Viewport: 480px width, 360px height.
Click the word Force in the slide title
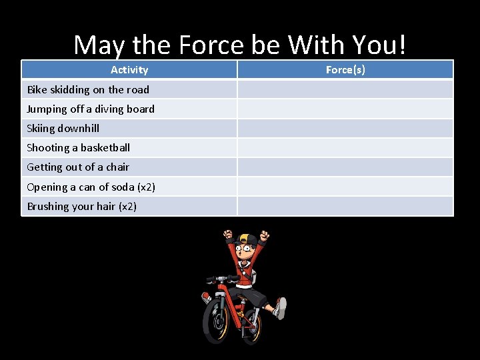click(x=209, y=45)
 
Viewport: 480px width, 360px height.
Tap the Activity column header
click(x=129, y=70)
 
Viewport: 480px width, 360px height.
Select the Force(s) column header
click(x=345, y=70)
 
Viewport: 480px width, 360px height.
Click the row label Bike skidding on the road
click(x=88, y=89)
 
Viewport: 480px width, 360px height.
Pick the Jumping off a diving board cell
click(x=91, y=109)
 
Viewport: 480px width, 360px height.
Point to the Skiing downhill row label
click(x=63, y=128)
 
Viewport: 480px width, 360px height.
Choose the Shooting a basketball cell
click(x=79, y=147)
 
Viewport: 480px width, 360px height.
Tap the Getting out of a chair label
click(x=78, y=167)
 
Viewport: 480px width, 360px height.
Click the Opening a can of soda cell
click(x=91, y=187)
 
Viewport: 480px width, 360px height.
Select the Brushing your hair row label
click(x=81, y=206)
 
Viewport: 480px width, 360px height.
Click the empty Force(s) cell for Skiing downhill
click(x=345, y=128)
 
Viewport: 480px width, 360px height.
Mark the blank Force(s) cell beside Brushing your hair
click(x=345, y=206)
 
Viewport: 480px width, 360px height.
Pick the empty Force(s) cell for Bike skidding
click(x=345, y=89)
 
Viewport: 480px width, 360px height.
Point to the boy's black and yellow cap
click(x=247, y=239)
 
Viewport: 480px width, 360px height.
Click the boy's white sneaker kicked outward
click(x=281, y=308)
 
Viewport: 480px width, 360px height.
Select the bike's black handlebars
click(x=223, y=279)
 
